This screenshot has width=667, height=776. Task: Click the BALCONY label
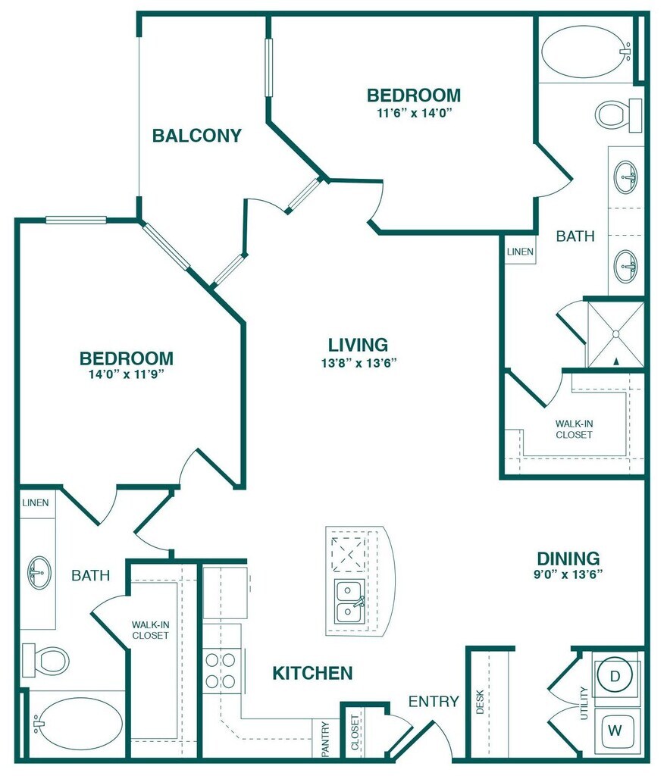point(196,135)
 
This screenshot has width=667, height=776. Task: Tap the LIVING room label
point(358,345)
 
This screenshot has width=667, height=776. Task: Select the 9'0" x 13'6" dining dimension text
point(568,574)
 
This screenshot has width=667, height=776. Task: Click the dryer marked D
point(615,676)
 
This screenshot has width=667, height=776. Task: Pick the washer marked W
point(615,730)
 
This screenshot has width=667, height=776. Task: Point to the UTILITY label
point(584,702)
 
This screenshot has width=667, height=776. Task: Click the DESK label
point(480,702)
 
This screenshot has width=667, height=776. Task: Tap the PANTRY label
point(325,739)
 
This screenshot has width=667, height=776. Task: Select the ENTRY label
point(434,701)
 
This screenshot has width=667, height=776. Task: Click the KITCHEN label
point(313,673)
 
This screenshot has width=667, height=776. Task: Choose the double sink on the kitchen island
point(350,602)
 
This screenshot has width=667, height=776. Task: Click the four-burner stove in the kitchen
point(221,671)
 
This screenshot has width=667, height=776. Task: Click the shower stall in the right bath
point(616,334)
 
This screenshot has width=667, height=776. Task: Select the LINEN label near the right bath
point(520,252)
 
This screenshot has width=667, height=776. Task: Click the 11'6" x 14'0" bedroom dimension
point(415,113)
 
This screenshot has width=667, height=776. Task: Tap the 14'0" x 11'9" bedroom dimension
point(126,374)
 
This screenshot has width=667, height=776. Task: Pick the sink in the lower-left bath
point(39,573)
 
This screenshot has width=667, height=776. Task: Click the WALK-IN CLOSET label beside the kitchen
point(150,630)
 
